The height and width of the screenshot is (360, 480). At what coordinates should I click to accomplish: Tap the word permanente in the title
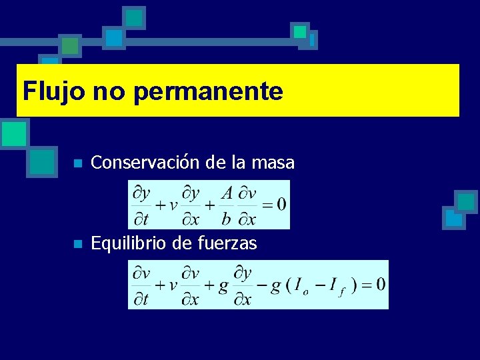[x=207, y=91]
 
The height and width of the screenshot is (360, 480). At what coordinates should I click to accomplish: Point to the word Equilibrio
[x=129, y=244]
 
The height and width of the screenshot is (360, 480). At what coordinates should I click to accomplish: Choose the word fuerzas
[x=228, y=244]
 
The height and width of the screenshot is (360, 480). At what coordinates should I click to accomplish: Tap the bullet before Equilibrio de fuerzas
[x=78, y=245]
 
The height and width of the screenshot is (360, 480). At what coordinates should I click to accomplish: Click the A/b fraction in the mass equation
[x=227, y=204]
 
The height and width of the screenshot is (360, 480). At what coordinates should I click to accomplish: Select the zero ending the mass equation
[x=281, y=204]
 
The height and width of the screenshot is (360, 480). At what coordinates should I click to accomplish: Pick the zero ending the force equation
[x=380, y=285]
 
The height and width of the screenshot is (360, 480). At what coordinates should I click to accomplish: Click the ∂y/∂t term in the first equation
[x=141, y=204]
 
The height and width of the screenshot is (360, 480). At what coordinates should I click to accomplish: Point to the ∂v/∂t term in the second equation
[x=141, y=285]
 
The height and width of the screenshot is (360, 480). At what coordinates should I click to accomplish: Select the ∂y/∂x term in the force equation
[x=243, y=285]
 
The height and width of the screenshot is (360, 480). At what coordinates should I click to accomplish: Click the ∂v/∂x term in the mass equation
[x=247, y=204]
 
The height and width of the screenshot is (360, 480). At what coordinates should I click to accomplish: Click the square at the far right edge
[x=466, y=201]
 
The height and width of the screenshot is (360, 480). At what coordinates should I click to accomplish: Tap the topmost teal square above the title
[x=135, y=17]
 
